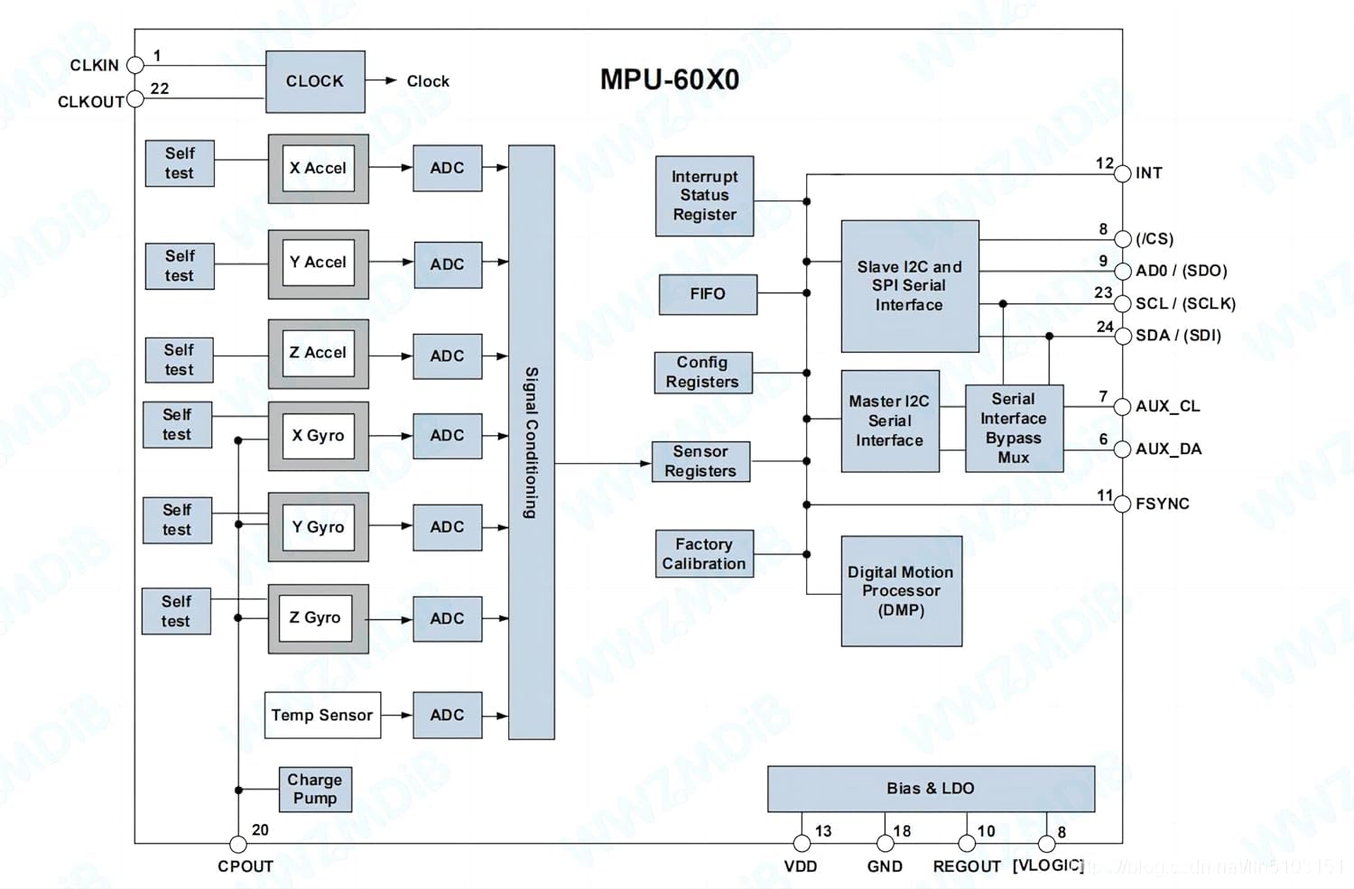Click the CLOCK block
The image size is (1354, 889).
click(x=315, y=81)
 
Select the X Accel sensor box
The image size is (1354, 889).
click(x=318, y=169)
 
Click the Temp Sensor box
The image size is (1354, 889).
click(x=322, y=715)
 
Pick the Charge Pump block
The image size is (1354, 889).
click(x=315, y=789)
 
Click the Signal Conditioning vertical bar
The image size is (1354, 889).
click(x=532, y=442)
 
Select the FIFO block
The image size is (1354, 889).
click(x=708, y=294)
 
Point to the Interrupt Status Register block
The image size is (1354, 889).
click(x=704, y=196)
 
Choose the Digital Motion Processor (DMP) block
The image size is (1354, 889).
click(x=901, y=591)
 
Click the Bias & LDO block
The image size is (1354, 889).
click(x=931, y=789)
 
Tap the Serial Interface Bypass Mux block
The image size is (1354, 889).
click(x=1014, y=428)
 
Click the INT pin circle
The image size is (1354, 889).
click(x=1122, y=173)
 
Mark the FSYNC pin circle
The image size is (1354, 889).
click(x=1122, y=504)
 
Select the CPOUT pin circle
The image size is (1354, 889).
click(x=238, y=844)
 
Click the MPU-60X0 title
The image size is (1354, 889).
click(x=670, y=79)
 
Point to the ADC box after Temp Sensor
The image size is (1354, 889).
click(x=447, y=715)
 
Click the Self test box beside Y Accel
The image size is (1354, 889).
click(x=180, y=266)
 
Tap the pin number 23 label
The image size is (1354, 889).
click(x=1103, y=292)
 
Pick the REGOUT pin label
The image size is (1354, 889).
click(x=967, y=866)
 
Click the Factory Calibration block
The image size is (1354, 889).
click(x=704, y=554)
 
